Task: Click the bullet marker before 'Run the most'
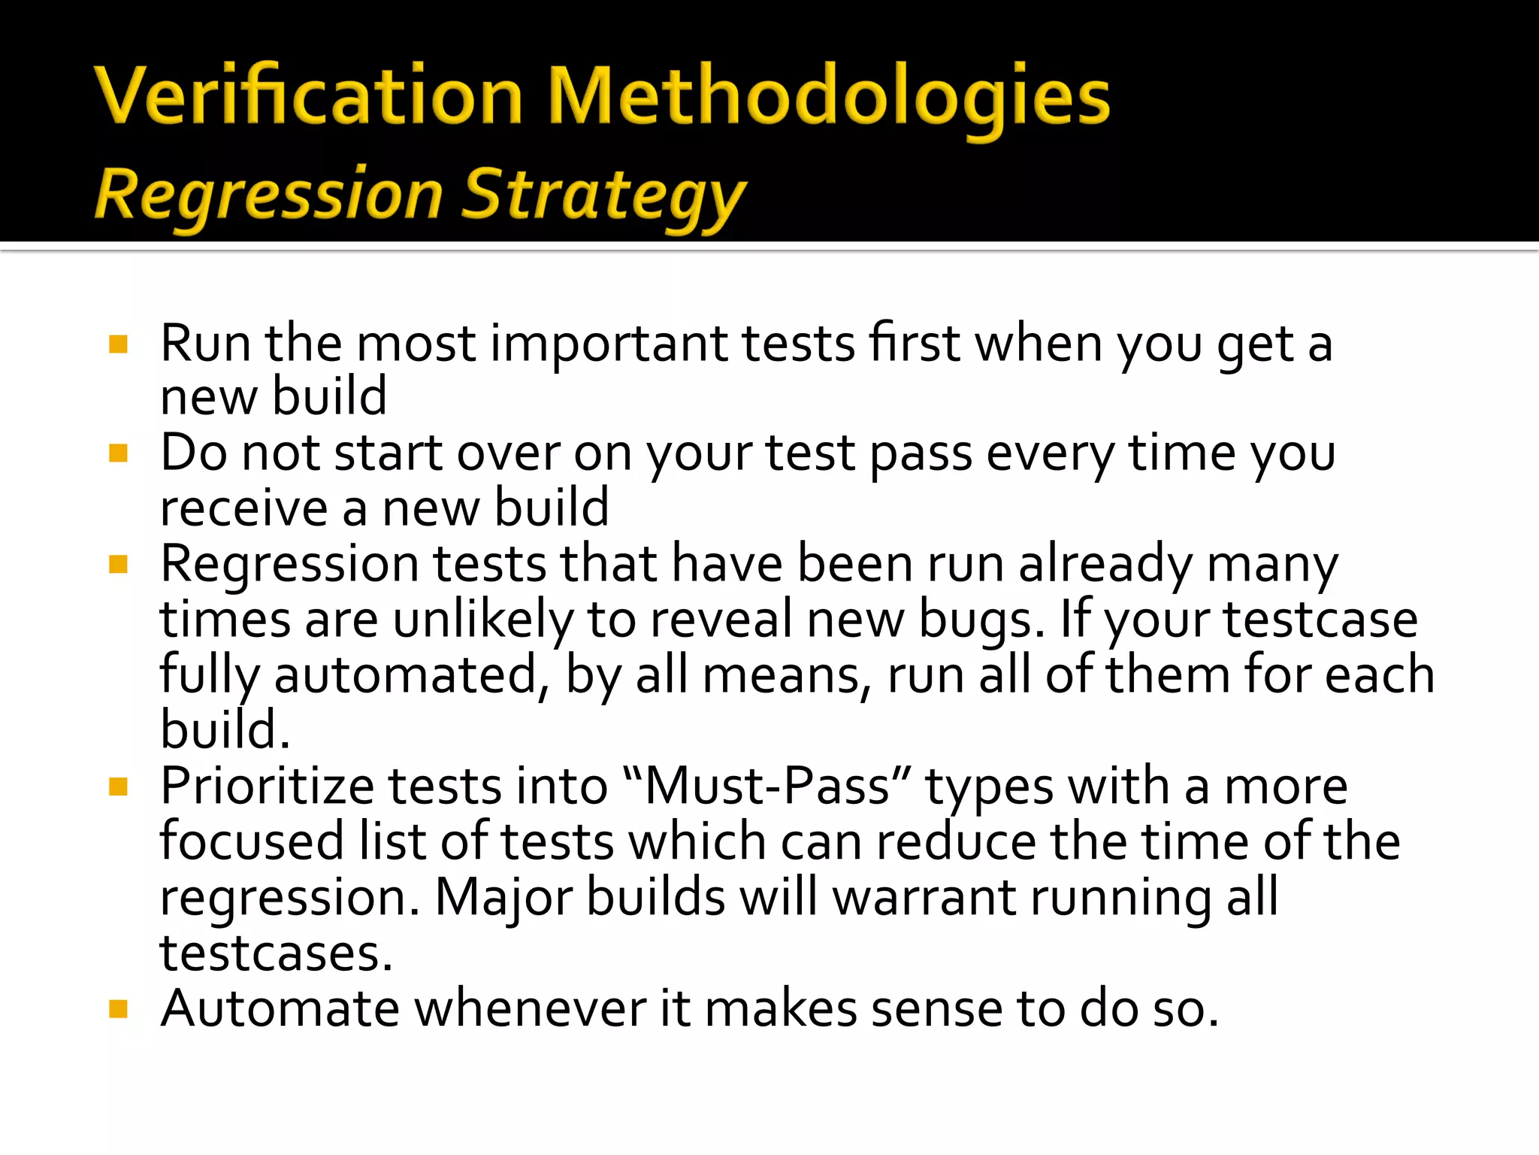point(119,344)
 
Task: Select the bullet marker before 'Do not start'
point(119,453)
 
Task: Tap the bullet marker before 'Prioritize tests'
point(119,787)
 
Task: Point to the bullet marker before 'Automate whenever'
point(119,1008)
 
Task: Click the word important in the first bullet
point(609,344)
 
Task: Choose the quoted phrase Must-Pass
point(767,787)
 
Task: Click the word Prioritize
point(267,787)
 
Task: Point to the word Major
point(503,898)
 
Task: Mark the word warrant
point(924,898)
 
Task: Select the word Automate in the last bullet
point(280,1008)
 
